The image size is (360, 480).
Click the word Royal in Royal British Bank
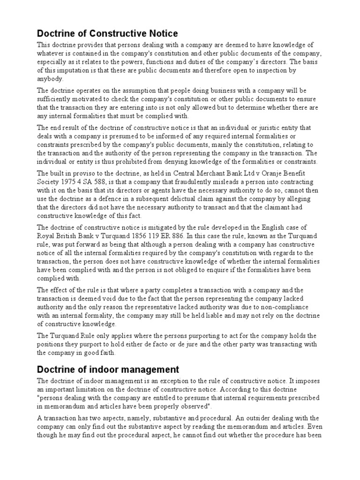[47, 236]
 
